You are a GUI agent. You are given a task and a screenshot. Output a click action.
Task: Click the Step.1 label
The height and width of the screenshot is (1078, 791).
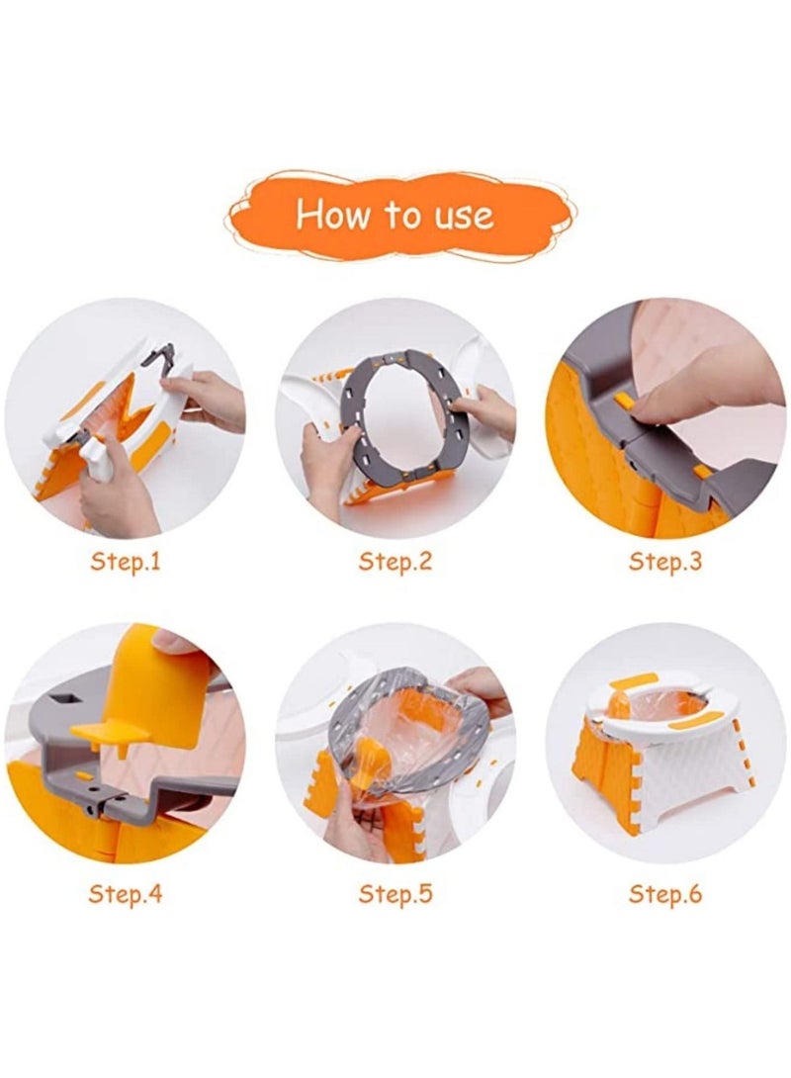click(x=125, y=561)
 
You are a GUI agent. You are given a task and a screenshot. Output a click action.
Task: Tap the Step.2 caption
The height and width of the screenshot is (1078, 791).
click(x=395, y=561)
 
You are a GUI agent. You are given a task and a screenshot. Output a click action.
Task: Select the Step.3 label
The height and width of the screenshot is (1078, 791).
click(x=665, y=561)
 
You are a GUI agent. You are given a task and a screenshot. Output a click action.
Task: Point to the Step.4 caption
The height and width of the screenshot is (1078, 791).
click(x=125, y=894)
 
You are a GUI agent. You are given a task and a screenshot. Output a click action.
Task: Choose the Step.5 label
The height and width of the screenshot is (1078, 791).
click(x=395, y=894)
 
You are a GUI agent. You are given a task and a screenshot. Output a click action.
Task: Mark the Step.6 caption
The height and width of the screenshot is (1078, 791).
click(x=665, y=894)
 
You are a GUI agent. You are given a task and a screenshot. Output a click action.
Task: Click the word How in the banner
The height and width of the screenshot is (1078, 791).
click(x=334, y=214)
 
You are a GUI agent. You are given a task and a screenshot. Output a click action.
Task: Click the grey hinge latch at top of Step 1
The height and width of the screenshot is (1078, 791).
click(x=159, y=357)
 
